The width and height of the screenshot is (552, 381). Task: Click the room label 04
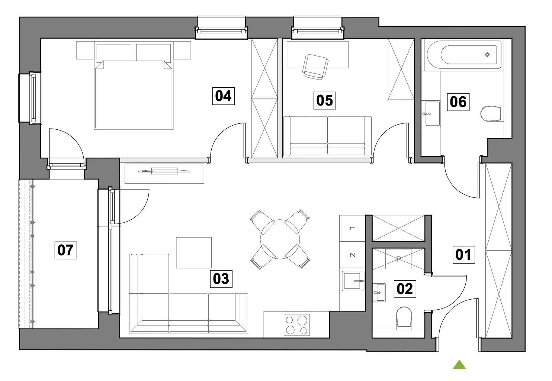pyautogui.click(x=223, y=96)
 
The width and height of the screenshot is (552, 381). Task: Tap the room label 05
pyautogui.click(x=325, y=100)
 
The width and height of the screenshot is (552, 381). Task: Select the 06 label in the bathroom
pyautogui.click(x=458, y=102)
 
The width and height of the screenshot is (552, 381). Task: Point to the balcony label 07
pyautogui.click(x=65, y=250)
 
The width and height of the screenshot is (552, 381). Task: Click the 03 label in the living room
pyautogui.click(x=221, y=279)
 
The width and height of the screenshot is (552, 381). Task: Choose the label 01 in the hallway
pyautogui.click(x=463, y=255)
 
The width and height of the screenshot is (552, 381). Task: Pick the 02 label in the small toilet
pyautogui.click(x=405, y=289)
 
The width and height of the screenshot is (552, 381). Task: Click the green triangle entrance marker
pyautogui.click(x=459, y=365)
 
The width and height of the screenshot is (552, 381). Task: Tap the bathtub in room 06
pyautogui.click(x=464, y=55)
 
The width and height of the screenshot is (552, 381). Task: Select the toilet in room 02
pyautogui.click(x=404, y=318)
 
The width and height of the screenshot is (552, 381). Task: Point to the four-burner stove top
pyautogui.click(x=297, y=325)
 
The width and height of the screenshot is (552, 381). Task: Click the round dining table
pyautogui.click(x=280, y=239)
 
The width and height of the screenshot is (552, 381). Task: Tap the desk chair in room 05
pyautogui.click(x=315, y=67)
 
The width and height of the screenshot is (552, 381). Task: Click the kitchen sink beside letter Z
pyautogui.click(x=353, y=281)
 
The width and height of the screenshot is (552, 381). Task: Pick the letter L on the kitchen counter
pyautogui.click(x=352, y=228)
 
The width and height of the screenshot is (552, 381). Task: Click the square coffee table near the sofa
pyautogui.click(x=194, y=253)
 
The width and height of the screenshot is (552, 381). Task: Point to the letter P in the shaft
pyautogui.click(x=398, y=259)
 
